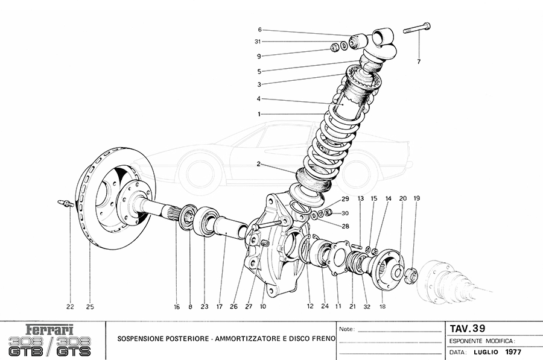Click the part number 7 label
418,62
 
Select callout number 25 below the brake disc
90,307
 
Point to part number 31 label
258,42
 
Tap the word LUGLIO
485,352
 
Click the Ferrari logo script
50,330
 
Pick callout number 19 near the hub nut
417,198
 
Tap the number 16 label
177,307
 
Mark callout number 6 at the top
259,30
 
